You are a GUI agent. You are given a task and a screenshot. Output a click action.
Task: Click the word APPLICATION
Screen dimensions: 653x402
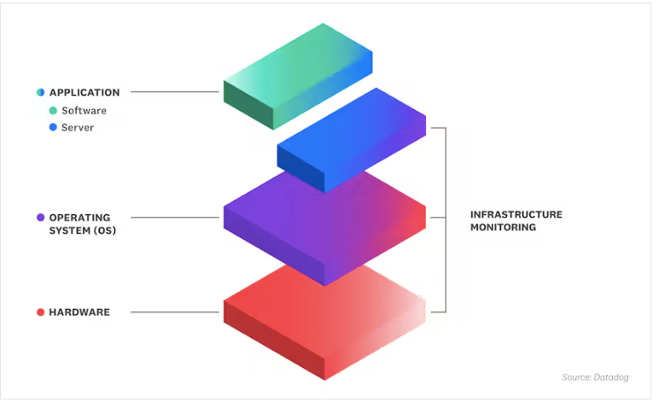[85, 92]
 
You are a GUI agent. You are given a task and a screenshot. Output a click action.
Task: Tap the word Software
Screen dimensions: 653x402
[85, 111]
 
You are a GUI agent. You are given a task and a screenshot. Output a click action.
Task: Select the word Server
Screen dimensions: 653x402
[78, 127]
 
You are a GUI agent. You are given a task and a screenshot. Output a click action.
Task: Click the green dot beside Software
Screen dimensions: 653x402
[53, 110]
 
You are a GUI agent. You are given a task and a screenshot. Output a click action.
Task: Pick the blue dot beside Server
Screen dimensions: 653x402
[53, 127]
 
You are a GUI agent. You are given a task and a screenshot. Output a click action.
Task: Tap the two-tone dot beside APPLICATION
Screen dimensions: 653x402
[40, 92]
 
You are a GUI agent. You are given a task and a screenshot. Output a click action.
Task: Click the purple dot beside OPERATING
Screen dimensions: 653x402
[40, 218]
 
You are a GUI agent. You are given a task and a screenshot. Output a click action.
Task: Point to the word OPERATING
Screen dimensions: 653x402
[80, 218]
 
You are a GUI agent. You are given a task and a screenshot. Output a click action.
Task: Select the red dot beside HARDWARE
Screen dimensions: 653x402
[40, 312]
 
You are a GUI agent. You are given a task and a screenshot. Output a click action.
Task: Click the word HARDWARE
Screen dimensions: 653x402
[79, 312]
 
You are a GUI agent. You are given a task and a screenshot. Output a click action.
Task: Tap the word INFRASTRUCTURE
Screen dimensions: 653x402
[516, 214]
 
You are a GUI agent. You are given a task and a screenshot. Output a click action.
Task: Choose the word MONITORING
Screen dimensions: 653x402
[504, 227]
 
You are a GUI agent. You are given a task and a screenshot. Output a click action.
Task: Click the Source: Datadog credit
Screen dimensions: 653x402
[595, 377]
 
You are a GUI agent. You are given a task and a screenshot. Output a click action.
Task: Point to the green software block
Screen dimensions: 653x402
[298, 76]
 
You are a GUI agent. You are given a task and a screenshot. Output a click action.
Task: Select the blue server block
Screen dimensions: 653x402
[352, 140]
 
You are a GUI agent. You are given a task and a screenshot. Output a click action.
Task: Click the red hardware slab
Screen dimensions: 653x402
[325, 322]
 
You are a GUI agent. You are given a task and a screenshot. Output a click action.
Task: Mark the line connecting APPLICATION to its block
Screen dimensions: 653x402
[175, 91]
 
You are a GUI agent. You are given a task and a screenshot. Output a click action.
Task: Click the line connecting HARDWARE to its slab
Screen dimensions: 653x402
[175, 312]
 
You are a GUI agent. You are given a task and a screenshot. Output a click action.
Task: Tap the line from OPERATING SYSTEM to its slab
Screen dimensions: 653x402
[175, 217]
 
